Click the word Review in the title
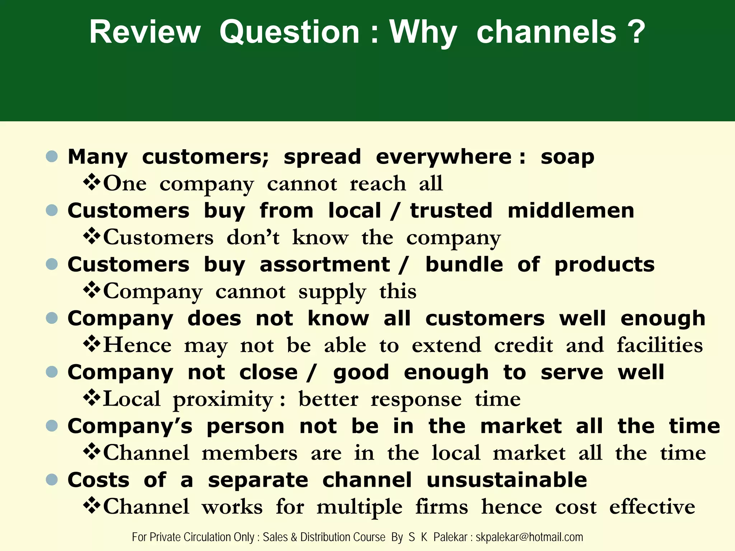tap(145, 32)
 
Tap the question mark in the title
tap(636, 32)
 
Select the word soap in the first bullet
tap(567, 157)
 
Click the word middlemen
tap(571, 211)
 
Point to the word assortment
tap(325, 265)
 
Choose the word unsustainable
tap(507, 480)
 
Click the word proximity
tap(223, 400)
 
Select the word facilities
tap(660, 345)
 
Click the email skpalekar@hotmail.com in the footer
tap(529, 537)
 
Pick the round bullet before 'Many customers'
tap(52, 156)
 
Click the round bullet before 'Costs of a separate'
tap(52, 480)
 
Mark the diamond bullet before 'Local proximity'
tap(92, 397)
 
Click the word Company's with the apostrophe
tap(130, 427)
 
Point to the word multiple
tap(359, 507)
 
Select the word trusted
tap(451, 211)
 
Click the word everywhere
tap(444, 157)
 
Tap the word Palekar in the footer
tap(450, 537)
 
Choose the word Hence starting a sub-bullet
tap(137, 345)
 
